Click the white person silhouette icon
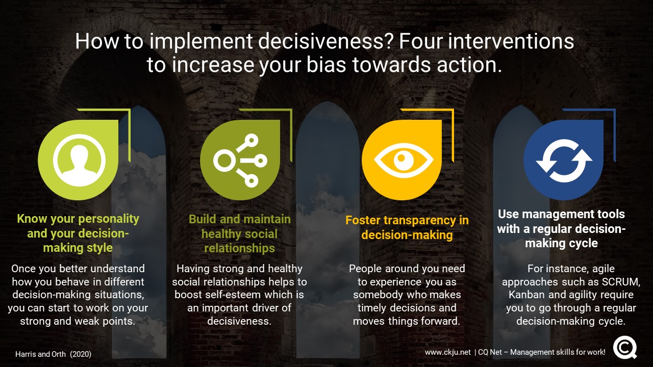point(79,160)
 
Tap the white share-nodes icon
point(240,160)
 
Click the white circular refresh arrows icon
point(564,161)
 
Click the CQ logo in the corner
point(625,347)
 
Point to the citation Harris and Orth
point(40,354)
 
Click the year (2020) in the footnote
point(81,354)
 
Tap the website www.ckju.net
point(448,352)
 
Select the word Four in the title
point(421,41)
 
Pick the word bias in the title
point(326,65)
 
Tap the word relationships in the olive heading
point(240,248)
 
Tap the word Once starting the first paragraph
point(23,269)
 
